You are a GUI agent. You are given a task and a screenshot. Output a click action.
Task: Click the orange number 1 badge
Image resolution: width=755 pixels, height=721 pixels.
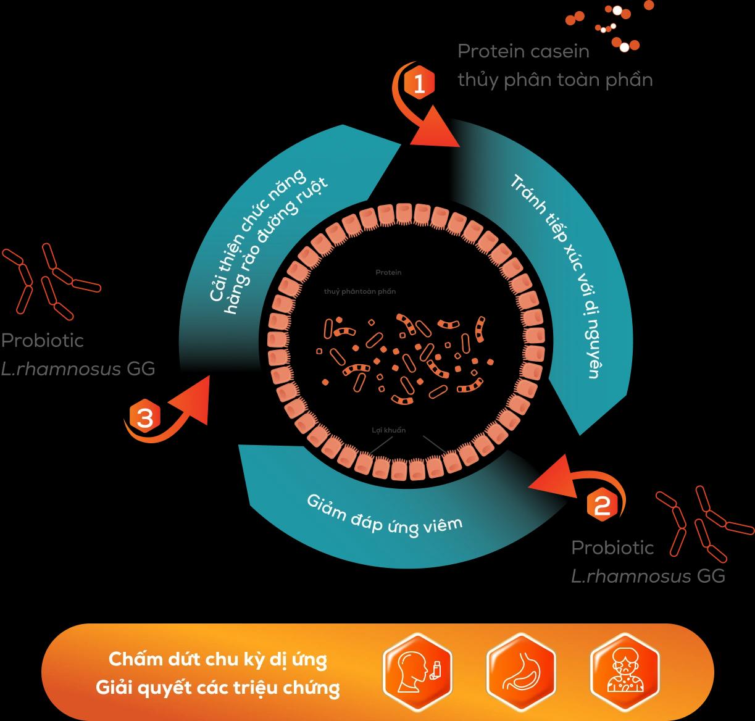tap(419, 84)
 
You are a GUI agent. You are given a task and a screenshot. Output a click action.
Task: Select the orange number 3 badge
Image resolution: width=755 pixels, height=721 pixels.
tap(144, 419)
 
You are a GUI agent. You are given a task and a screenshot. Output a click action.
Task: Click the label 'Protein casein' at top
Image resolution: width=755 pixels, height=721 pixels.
tap(523, 51)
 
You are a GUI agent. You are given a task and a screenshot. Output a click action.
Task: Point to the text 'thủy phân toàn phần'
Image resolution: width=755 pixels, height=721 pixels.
tap(555, 80)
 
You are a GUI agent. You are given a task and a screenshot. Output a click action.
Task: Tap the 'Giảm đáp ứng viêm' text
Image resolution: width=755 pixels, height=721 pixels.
tap(384, 515)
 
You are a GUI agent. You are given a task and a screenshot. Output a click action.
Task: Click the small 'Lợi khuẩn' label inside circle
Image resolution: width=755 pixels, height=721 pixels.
tap(389, 430)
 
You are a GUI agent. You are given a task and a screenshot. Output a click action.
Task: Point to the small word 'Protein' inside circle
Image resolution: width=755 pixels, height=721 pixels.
tap(388, 272)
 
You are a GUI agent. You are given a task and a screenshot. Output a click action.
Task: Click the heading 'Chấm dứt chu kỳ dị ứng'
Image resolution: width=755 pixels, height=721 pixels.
tap(218, 659)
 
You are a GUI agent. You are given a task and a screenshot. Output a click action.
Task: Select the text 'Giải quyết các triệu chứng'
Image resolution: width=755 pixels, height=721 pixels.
tap(218, 687)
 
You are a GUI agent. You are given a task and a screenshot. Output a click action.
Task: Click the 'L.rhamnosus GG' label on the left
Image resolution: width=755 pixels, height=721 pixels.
tap(78, 369)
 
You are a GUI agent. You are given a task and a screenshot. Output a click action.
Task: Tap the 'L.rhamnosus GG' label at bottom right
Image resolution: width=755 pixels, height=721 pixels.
tap(648, 577)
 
